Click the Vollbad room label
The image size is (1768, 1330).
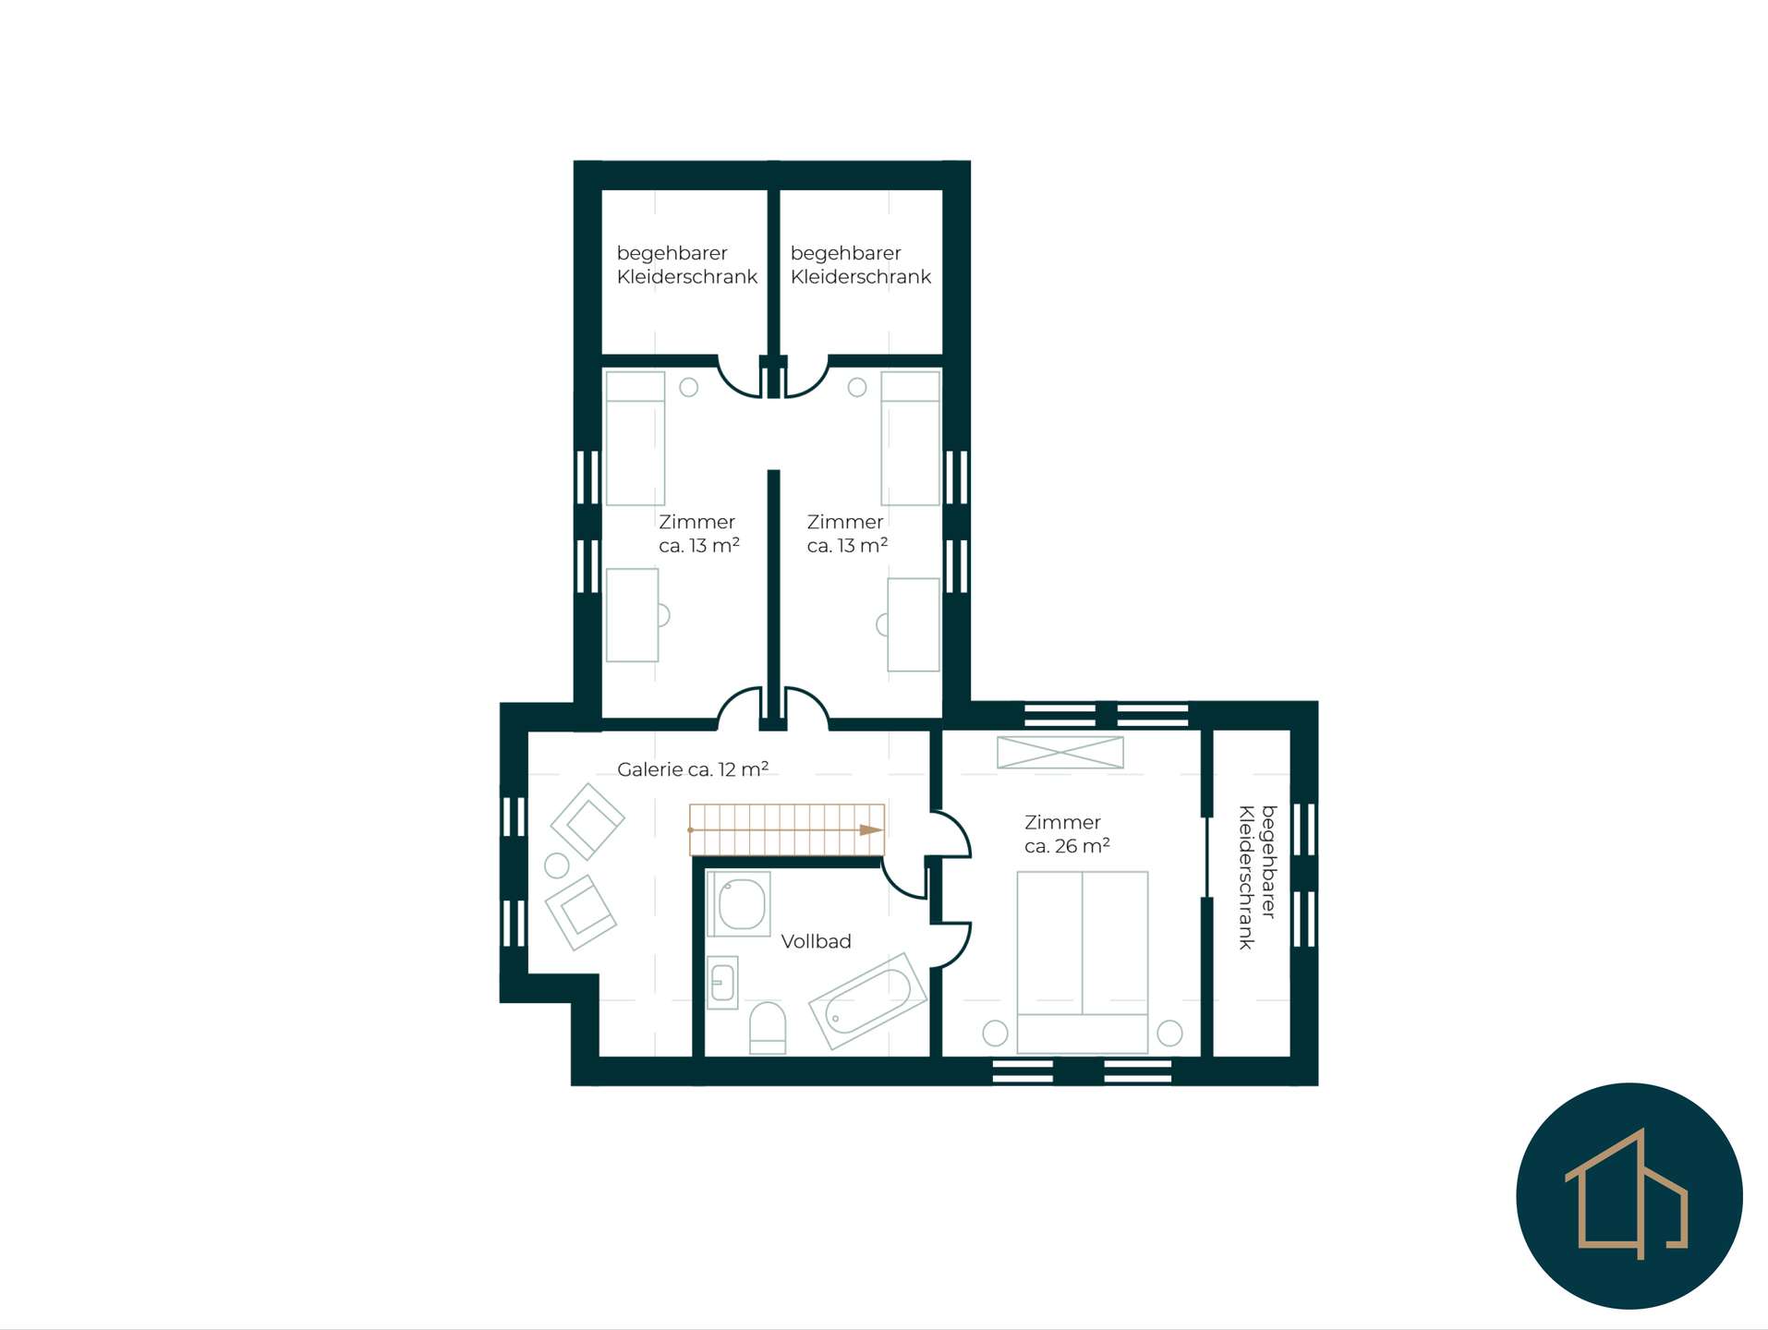816,941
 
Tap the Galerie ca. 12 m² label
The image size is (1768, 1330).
693,768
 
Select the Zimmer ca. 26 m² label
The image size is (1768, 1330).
1067,834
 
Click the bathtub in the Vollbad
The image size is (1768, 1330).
867,1001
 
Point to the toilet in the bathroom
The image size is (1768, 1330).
767,1028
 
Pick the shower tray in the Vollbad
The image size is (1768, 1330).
739,903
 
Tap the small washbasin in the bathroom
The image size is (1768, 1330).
722,982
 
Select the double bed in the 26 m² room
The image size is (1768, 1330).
1083,961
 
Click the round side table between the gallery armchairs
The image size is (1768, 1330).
557,865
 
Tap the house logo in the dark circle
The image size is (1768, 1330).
1629,1194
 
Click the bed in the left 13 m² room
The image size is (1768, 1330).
636,439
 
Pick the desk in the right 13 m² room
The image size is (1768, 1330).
913,624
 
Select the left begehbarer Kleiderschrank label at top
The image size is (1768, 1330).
686,265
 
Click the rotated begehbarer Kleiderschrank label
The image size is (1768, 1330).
1257,877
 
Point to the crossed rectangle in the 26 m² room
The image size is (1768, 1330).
1060,752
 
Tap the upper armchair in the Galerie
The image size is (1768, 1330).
587,822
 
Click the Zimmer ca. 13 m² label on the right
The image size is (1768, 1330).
847,534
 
